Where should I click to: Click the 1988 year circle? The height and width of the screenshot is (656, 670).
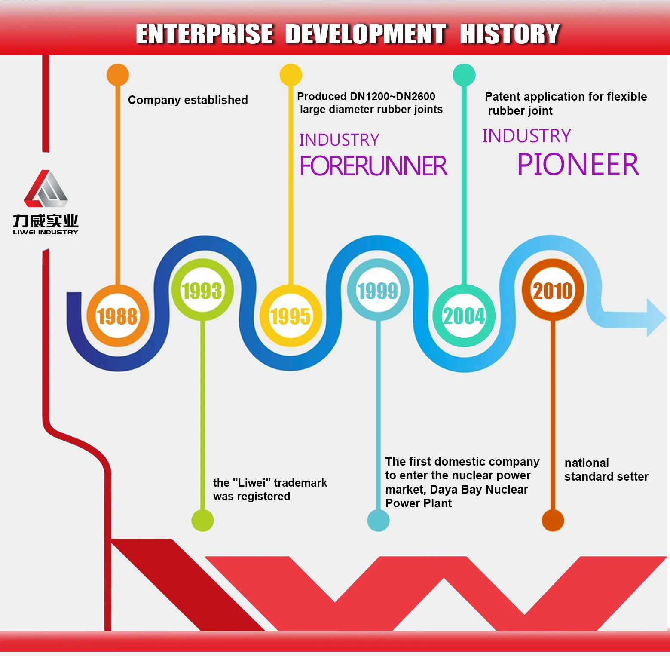117,316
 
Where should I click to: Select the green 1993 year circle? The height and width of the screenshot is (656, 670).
202,290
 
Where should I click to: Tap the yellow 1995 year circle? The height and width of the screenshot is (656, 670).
291,316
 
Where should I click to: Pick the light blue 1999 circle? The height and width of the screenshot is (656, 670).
378,290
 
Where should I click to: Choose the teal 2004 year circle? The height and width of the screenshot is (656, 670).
464,316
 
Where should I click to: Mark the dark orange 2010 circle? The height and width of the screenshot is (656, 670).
553,290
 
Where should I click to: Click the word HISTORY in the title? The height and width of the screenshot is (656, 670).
509,34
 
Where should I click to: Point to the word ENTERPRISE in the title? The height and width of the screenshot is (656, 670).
204,34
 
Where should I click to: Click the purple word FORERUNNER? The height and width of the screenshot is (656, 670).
373,166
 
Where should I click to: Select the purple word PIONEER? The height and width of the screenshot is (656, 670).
578,164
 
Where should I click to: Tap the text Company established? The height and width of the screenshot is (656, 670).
188,100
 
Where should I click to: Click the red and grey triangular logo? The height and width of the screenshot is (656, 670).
46,189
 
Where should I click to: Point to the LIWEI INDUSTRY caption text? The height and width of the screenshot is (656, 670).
46,232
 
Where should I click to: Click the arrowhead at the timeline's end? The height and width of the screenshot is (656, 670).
656,318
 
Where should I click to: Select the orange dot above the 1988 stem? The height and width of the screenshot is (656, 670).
118,75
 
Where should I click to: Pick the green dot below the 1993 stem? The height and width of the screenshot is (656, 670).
202,520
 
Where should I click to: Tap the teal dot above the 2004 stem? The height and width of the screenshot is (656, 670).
464,75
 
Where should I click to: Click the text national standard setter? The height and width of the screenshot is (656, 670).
606,469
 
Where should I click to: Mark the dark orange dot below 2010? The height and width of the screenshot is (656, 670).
553,520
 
